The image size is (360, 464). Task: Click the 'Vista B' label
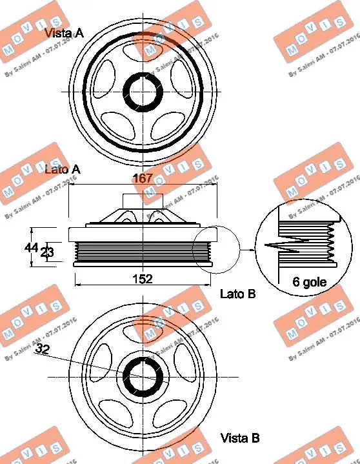click(239, 438)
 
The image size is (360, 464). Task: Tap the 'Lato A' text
click(63, 169)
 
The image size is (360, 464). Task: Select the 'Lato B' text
click(238, 294)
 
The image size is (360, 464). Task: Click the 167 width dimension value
click(142, 179)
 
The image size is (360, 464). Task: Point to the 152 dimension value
click(142, 279)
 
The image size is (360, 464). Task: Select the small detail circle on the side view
click(215, 248)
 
